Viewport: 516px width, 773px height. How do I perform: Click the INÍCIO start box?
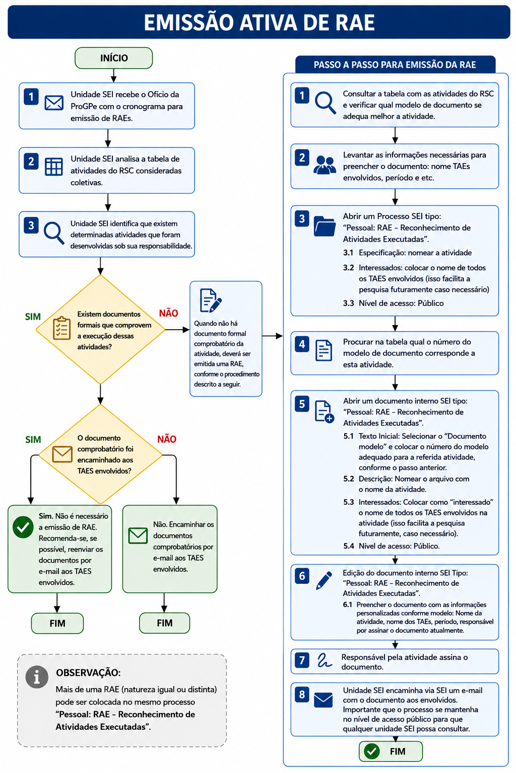(113, 58)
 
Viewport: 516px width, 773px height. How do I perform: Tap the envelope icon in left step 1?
(54, 103)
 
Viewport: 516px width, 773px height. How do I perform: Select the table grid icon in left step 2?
(53, 167)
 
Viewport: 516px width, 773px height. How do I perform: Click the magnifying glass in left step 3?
(53, 233)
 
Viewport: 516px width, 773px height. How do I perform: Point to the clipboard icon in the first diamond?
(61, 328)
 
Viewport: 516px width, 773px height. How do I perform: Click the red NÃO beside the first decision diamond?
(168, 313)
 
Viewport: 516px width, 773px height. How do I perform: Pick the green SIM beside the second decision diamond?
(33, 439)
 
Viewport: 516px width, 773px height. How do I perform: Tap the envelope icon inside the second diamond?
(62, 454)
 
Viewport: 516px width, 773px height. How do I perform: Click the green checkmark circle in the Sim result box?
(23, 527)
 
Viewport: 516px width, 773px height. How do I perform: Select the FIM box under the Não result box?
(164, 623)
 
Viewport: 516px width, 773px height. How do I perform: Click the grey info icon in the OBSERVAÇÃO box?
(37, 677)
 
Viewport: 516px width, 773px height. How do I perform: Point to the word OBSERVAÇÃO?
(88, 672)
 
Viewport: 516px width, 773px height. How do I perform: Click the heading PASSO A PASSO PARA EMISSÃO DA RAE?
(395, 65)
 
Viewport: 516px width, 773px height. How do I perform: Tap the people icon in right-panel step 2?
(325, 165)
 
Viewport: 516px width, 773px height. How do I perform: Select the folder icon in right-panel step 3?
(325, 226)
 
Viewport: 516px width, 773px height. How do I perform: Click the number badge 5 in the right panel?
(302, 404)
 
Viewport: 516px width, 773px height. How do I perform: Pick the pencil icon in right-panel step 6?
(324, 580)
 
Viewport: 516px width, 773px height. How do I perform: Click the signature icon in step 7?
(325, 660)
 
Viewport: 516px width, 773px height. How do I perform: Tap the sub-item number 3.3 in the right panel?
(348, 303)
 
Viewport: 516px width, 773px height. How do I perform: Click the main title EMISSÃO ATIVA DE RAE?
(259, 23)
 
